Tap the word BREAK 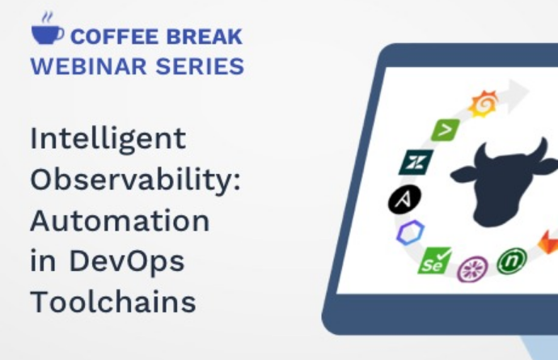(205, 36)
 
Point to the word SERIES (200, 66)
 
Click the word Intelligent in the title (108, 140)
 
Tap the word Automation (120, 221)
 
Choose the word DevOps (127, 262)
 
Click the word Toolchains (113, 302)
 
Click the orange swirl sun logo (484, 104)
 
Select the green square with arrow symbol (446, 129)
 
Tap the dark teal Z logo (416, 163)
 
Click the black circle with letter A (404, 199)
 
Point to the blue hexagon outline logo (410, 232)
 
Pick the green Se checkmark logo (434, 260)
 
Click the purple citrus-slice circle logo (472, 269)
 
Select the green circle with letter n (512, 261)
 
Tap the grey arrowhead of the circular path (517, 94)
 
